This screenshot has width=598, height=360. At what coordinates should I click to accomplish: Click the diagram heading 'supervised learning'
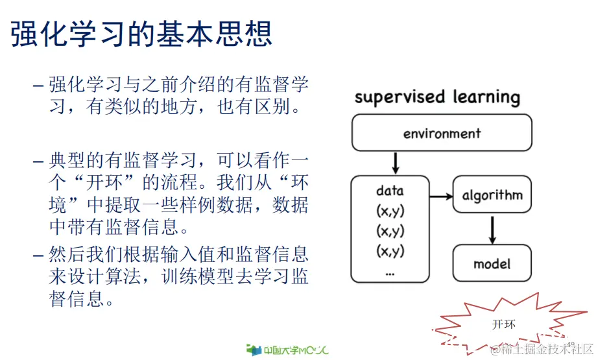pos(437,98)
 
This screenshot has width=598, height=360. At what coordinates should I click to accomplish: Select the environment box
pos(442,134)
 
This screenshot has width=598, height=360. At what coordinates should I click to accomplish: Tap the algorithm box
pos(492,195)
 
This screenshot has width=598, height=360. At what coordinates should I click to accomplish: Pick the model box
pos(492,263)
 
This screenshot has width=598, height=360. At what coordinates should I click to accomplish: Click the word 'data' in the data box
pos(390,191)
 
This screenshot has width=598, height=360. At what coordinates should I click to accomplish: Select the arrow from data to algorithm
pos(441,195)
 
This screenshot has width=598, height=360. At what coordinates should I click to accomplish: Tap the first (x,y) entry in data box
pos(390,211)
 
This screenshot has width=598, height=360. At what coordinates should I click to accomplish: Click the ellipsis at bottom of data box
pos(390,272)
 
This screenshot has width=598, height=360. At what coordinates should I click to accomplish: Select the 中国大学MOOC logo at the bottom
pos(287,350)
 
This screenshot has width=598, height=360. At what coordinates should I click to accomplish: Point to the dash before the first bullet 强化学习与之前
pos(39,86)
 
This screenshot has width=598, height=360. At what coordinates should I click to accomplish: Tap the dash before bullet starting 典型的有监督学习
pos(39,160)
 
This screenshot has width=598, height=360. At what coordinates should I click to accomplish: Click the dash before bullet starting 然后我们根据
pos(39,254)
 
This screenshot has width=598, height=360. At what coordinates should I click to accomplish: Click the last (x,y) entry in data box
pos(390,252)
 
